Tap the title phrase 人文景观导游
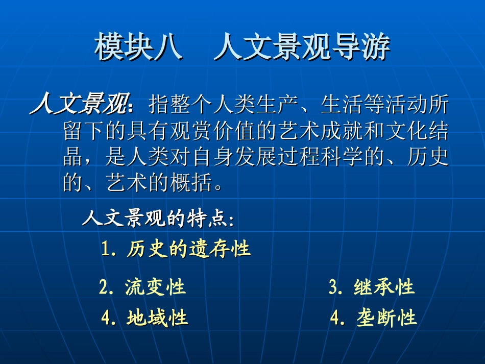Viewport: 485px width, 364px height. (x=302, y=48)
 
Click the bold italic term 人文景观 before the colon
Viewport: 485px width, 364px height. (x=79, y=106)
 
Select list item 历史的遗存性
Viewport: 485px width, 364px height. (x=188, y=249)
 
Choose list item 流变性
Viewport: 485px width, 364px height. (x=155, y=287)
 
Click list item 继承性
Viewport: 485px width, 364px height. (x=384, y=287)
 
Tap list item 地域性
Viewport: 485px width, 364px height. (x=157, y=318)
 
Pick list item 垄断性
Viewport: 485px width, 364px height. (x=386, y=318)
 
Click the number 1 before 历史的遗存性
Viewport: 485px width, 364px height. (x=106, y=250)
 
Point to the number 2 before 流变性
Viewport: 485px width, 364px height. (x=104, y=288)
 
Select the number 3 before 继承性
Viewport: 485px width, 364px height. (x=333, y=288)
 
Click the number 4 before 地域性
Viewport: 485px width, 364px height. (x=106, y=319)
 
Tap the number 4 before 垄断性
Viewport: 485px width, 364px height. (x=335, y=319)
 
